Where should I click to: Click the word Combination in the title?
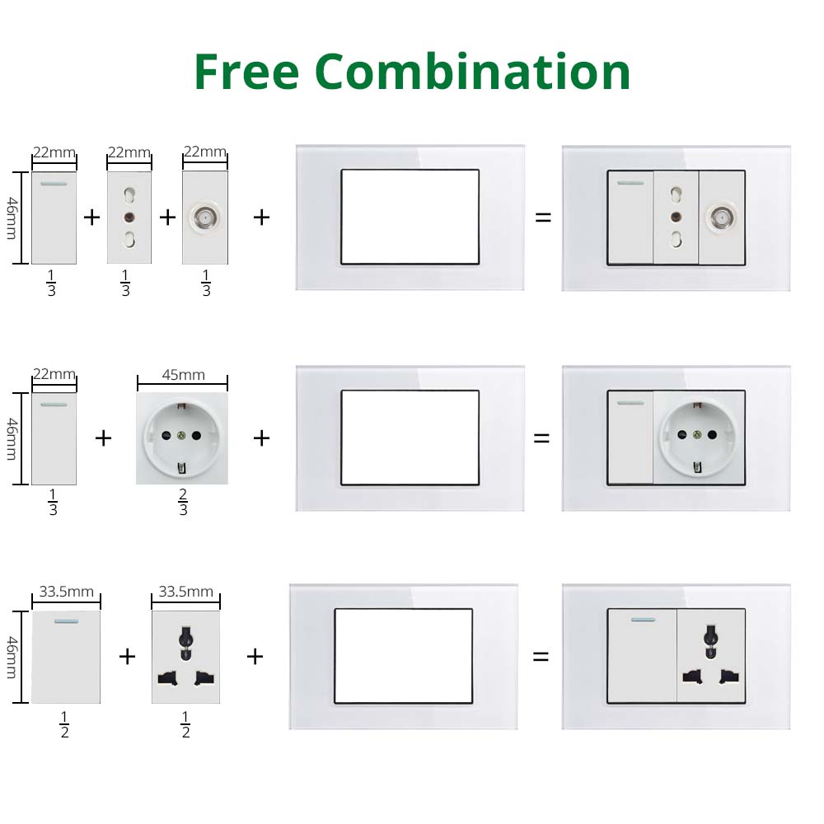click(x=473, y=72)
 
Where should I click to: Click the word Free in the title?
click(x=246, y=72)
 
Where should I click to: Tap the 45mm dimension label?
click(x=183, y=375)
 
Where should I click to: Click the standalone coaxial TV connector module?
click(x=204, y=218)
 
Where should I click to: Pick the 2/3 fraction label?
click(x=183, y=502)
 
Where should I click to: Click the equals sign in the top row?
click(x=543, y=218)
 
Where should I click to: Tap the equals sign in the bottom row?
click(x=541, y=657)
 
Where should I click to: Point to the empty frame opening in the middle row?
click(x=410, y=438)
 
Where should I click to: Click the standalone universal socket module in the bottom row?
click(x=185, y=657)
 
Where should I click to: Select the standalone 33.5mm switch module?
click(x=66, y=657)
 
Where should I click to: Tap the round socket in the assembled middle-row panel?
click(x=699, y=438)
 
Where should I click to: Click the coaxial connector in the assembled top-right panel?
click(x=721, y=218)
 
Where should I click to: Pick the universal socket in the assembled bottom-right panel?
click(x=710, y=656)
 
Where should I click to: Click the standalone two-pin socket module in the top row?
click(x=129, y=218)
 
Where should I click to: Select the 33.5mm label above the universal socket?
click(x=185, y=592)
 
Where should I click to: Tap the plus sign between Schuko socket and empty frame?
click(x=261, y=438)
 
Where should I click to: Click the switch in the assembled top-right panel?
click(x=630, y=218)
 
